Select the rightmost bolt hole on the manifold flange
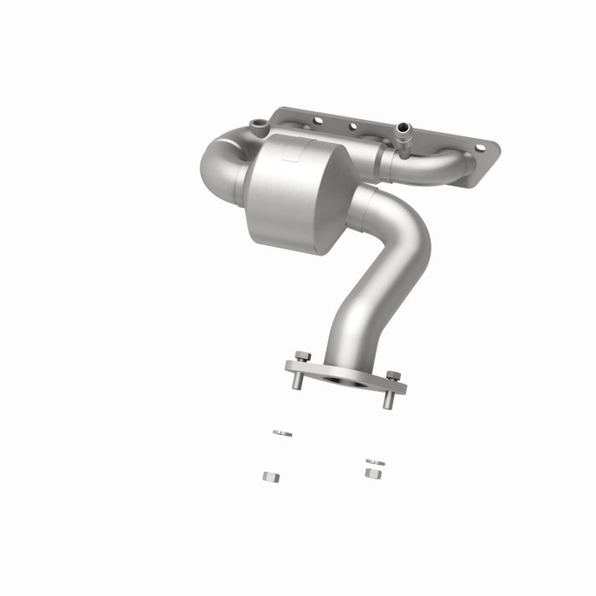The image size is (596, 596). pos(479,147)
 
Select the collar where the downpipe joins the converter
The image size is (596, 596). pos(362,204)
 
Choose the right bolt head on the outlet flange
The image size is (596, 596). pos(393,375)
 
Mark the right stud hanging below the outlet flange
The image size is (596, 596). pos(388,399)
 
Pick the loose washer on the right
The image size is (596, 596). pos(375,462)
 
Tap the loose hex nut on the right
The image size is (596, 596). pos(372,473)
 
